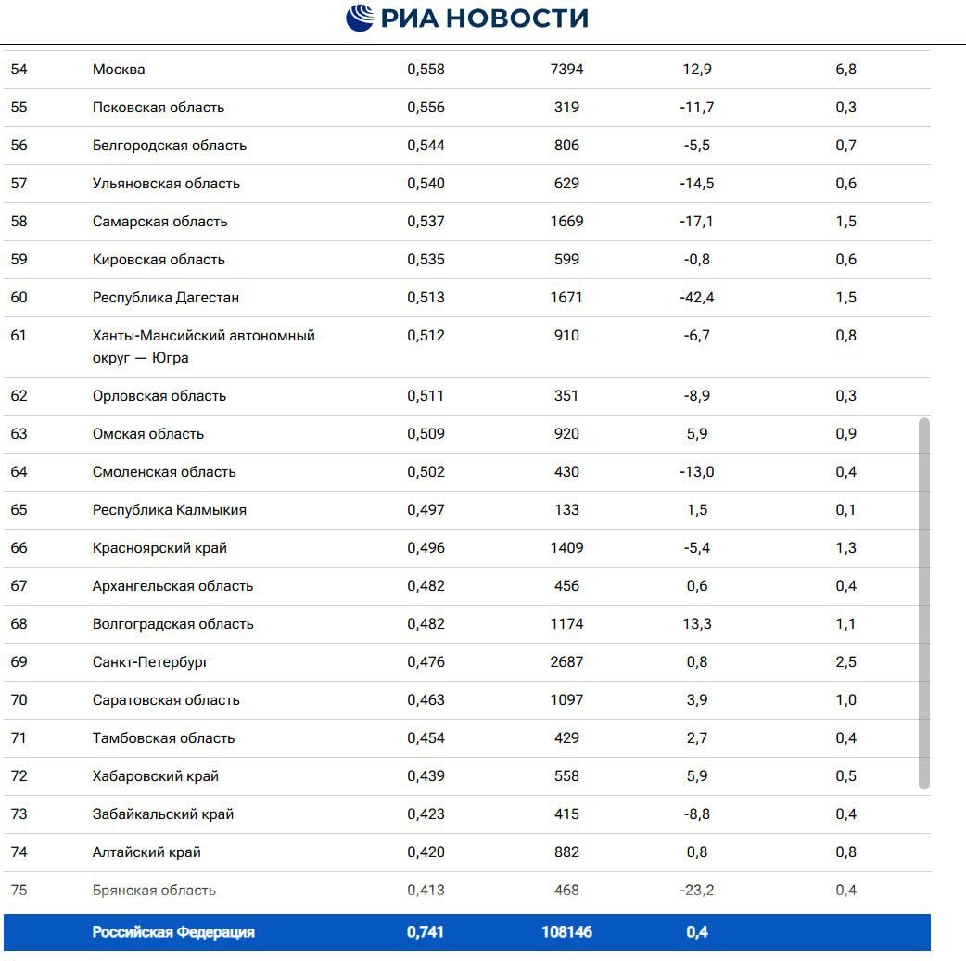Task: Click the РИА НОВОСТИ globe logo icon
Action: click(361, 18)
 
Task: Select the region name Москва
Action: click(119, 70)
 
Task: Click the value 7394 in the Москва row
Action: click(566, 70)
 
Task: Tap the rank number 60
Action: click(19, 298)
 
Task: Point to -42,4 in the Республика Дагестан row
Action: click(697, 298)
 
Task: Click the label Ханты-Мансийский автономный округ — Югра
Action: click(203, 347)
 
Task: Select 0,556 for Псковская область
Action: click(426, 108)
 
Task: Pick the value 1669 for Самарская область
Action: click(566, 222)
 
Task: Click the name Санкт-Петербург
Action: click(151, 662)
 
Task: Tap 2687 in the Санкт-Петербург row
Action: click(566, 662)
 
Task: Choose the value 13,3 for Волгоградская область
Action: click(697, 624)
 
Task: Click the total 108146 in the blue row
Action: click(566, 932)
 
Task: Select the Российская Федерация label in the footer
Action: click(173, 932)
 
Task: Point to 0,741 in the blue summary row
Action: click(426, 932)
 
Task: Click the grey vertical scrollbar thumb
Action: click(923, 603)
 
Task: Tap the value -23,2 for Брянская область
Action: click(697, 891)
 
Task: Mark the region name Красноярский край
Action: click(159, 548)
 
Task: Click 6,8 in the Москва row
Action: click(845, 70)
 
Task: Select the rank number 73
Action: click(19, 814)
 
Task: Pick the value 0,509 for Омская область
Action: click(426, 434)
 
